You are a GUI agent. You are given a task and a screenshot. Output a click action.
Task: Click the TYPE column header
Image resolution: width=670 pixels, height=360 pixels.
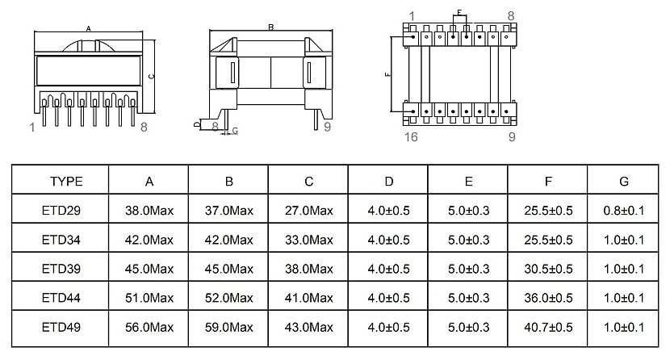point(67,182)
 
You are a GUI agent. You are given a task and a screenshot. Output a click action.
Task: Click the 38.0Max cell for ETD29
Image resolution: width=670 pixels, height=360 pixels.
point(149,211)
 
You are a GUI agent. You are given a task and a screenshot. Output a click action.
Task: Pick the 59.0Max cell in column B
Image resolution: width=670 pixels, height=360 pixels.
point(228,327)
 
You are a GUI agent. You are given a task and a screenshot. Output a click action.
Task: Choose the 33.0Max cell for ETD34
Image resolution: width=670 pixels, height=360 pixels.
point(308,240)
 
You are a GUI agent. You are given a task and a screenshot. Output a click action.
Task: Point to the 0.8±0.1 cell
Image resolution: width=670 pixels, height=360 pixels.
point(623,211)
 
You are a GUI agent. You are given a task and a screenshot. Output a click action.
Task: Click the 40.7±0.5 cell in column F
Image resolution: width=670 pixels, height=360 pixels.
point(548,327)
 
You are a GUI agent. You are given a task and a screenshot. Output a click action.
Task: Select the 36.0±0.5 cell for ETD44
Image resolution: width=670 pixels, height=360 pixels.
point(548,298)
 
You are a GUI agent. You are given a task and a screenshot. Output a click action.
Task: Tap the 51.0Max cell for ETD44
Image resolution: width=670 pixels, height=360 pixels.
point(149,298)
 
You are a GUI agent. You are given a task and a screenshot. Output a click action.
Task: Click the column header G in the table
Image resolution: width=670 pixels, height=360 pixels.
point(623,182)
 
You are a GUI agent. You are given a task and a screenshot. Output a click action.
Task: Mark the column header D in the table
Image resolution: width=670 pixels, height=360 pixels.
point(388,182)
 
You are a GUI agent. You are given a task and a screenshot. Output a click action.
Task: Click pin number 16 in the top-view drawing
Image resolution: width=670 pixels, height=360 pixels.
point(411,136)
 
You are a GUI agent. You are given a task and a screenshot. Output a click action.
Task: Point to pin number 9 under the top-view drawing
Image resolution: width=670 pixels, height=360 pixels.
point(512,136)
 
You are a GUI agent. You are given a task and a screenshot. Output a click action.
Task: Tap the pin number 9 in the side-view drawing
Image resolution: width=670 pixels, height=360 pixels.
point(327,127)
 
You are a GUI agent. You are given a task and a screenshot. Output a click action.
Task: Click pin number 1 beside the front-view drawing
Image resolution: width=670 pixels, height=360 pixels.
point(31,127)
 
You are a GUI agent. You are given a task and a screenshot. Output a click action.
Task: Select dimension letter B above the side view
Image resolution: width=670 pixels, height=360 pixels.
point(271,27)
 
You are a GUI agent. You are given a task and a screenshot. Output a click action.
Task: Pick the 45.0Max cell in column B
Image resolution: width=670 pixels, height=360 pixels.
point(228,269)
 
